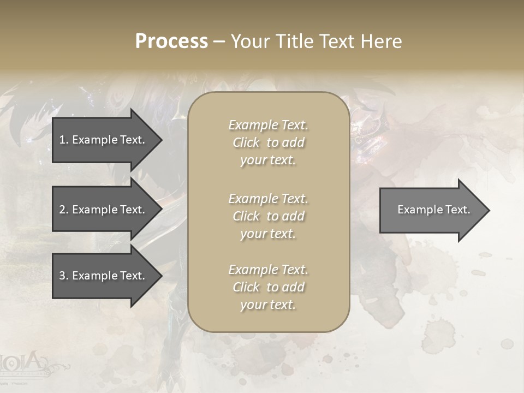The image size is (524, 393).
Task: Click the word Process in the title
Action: (x=171, y=41)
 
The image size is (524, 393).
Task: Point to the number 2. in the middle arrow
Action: (x=64, y=210)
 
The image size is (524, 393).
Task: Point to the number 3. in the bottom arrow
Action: (x=64, y=276)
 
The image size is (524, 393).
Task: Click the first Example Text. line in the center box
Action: (x=268, y=125)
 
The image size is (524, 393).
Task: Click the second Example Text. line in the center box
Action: (x=268, y=198)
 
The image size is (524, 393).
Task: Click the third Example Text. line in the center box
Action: (x=268, y=270)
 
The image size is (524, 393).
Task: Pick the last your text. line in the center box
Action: (x=268, y=305)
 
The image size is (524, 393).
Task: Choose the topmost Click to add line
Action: (x=268, y=142)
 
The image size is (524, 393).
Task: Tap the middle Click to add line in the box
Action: (x=268, y=216)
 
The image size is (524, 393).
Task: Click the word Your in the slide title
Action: (x=249, y=41)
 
